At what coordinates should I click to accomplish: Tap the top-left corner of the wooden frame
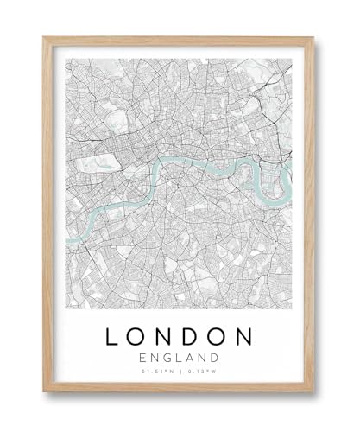click(x=44, y=37)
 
